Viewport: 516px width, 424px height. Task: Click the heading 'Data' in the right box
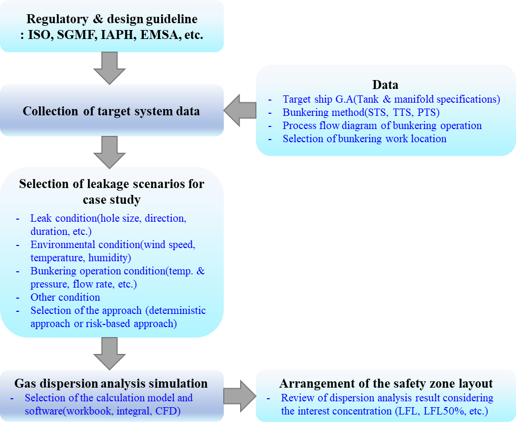pyautogui.click(x=385, y=85)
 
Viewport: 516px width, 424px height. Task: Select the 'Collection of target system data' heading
pyautogui.click(x=111, y=111)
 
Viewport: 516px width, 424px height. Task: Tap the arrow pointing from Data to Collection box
pyautogui.click(x=240, y=110)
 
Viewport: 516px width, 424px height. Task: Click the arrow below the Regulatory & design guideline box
pyautogui.click(x=110, y=68)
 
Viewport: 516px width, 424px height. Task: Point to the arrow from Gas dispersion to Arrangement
pyautogui.click(x=240, y=396)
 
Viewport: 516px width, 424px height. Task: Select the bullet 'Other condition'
pyautogui.click(x=65, y=297)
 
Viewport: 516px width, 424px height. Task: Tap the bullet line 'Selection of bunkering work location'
pyautogui.click(x=364, y=139)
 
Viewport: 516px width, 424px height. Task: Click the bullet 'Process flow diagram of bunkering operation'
pyautogui.click(x=382, y=125)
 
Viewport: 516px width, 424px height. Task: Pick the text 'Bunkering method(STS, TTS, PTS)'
pyautogui.click(x=361, y=112)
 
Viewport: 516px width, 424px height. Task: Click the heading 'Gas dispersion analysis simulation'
pyautogui.click(x=111, y=383)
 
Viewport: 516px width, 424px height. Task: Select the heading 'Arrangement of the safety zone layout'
pyautogui.click(x=386, y=383)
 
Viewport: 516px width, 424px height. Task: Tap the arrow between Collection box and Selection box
pyautogui.click(x=110, y=152)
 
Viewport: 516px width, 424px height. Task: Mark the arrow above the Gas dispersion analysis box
pyautogui.click(x=110, y=353)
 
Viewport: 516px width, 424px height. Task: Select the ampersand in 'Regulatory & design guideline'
pyautogui.click(x=98, y=19)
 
